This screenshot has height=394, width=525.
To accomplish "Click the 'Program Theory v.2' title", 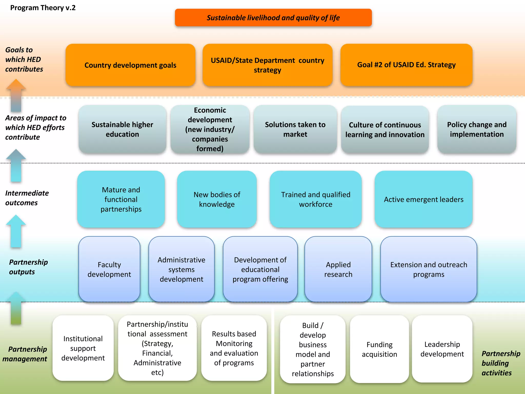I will point(43,8).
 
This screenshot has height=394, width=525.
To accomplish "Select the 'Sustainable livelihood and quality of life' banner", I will point(273,18).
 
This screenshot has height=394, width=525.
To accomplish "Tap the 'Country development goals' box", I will point(130,65).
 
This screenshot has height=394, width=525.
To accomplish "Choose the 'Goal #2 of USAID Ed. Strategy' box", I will point(406,65).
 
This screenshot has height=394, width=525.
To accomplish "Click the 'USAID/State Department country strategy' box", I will point(267,65).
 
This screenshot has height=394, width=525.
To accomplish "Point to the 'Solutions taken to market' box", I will point(295,129).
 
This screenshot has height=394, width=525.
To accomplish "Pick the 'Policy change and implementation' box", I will point(477,129).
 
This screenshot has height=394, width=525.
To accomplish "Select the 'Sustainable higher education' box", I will point(122,129).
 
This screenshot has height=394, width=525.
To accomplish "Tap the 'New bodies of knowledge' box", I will point(217,199).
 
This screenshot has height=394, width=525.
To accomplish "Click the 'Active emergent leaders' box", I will point(423,199).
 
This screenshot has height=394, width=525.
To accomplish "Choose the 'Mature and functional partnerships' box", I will point(121,199).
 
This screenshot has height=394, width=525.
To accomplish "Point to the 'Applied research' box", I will point(338,269).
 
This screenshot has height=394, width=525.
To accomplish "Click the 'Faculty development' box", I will point(109,269).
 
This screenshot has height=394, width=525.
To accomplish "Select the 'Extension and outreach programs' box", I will point(429,269).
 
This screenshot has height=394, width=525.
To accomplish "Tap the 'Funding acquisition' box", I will point(379,349).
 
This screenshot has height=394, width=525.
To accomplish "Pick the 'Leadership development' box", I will point(442,349).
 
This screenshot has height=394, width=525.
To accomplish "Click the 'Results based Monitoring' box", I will point(234,348).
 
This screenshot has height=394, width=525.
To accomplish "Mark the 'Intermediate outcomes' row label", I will point(27,198).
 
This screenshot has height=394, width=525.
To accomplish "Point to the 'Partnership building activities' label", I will point(501,363).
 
